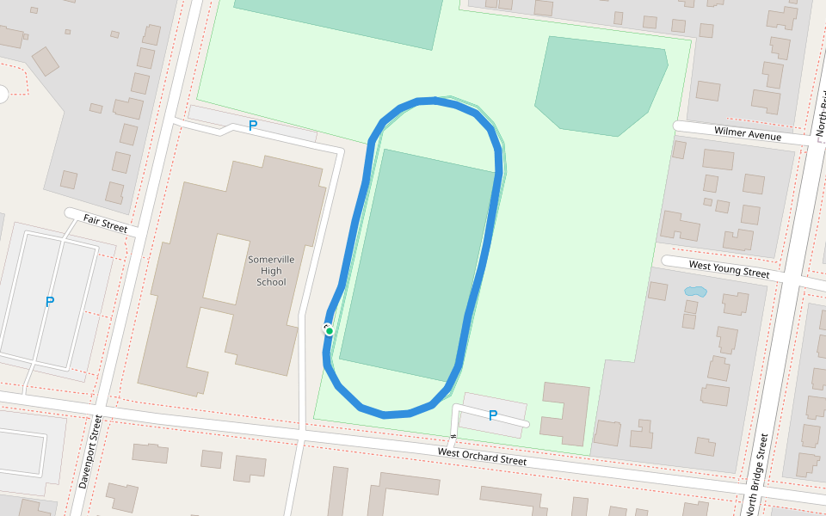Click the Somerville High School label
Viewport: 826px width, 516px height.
coord(271,271)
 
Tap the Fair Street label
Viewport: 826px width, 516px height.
coord(105,224)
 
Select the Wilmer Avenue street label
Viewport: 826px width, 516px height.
coord(748,134)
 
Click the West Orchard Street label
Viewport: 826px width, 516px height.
coord(482,457)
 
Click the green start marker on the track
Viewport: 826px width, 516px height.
coord(330,331)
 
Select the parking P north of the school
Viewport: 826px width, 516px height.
coord(253,126)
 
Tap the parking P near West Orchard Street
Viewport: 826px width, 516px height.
coord(493,415)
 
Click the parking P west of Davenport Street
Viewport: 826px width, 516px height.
coord(50,302)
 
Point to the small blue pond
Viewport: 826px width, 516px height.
coord(694,292)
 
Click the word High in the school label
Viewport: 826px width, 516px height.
coord(271,271)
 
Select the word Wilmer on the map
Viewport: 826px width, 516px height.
coord(731,132)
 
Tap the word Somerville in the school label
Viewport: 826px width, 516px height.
coord(271,260)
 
